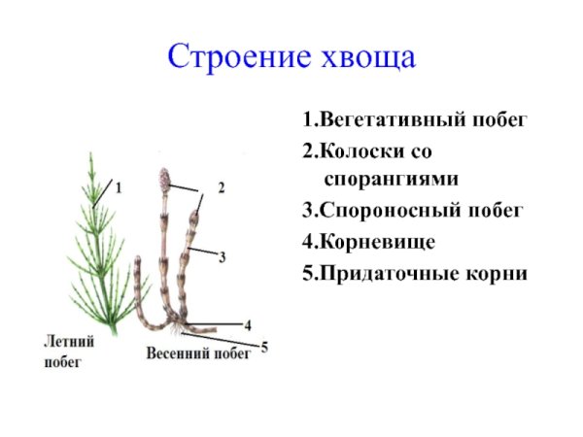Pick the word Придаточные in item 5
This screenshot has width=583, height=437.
click(x=385, y=272)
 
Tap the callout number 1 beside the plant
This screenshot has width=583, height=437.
click(x=119, y=189)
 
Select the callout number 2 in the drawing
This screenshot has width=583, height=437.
click(x=221, y=187)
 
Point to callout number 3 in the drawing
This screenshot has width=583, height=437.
click(x=223, y=257)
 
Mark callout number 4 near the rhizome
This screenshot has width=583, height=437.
click(x=248, y=323)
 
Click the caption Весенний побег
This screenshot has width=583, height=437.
click(x=198, y=353)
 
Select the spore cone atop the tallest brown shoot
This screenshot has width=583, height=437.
click(x=162, y=180)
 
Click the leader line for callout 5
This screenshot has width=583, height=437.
click(x=228, y=339)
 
